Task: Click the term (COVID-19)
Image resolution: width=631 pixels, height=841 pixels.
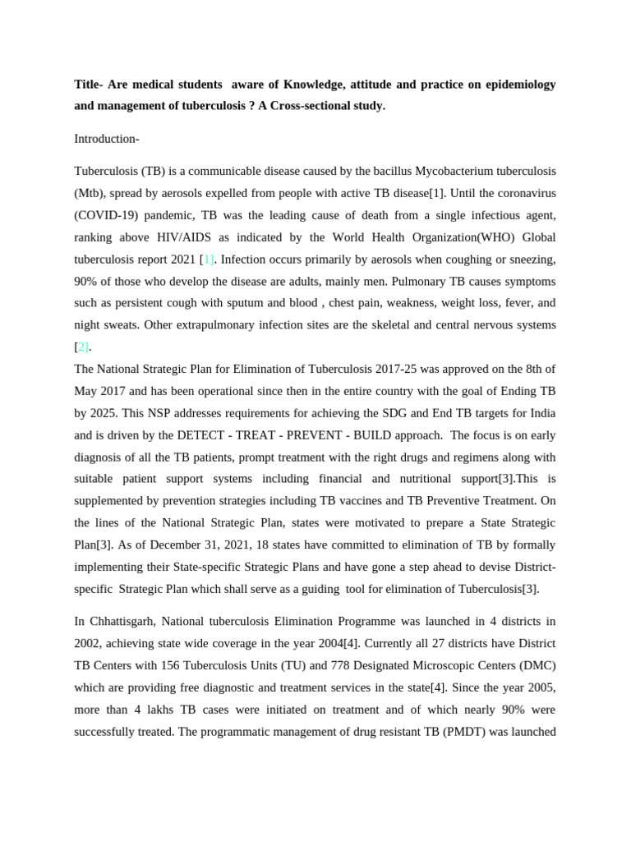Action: tap(109, 214)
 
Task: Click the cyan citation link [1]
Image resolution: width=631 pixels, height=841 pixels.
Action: tap(209, 259)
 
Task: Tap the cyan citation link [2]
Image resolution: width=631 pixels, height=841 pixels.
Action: tap(82, 346)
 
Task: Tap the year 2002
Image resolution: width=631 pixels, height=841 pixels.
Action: tap(89, 642)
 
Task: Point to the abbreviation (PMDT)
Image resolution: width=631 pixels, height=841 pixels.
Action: tap(488, 730)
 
